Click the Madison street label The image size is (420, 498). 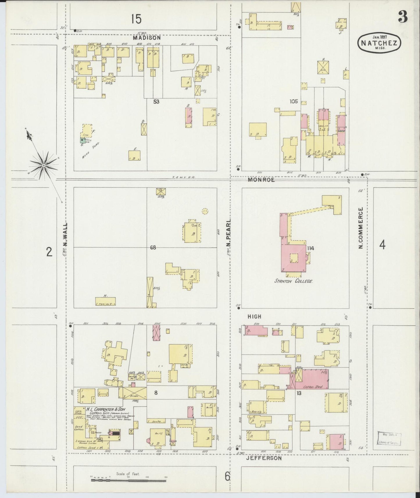tap(147, 38)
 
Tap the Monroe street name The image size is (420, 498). tap(261, 180)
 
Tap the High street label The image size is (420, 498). tap(254, 316)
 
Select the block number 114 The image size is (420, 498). tap(310, 248)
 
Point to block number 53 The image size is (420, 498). tap(156, 102)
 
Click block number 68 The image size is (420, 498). tap(153, 248)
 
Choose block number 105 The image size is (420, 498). tap(294, 101)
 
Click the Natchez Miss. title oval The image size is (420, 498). tap(379, 42)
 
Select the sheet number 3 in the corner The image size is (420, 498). tap(403, 18)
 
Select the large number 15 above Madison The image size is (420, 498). tap(136, 19)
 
